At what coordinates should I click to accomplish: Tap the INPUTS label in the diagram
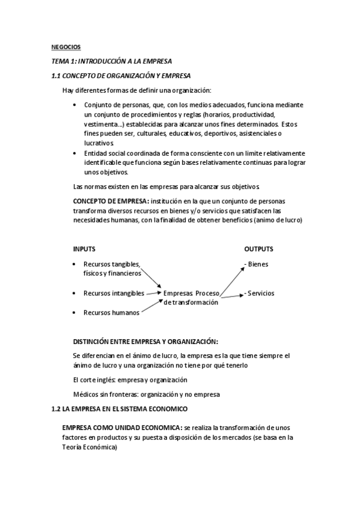(84, 248)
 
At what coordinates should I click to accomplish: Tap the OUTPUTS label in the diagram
(258, 248)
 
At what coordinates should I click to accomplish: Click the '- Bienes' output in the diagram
(256, 264)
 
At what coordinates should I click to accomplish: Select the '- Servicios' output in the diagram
(259, 293)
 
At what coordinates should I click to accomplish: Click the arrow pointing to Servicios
(231, 295)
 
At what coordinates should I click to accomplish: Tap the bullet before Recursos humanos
(73, 312)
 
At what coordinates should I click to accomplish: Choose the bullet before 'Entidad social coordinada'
(73, 153)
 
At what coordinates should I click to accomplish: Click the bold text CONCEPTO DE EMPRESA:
(111, 201)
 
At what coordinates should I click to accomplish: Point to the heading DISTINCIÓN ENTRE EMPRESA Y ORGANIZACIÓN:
(145, 340)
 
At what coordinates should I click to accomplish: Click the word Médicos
(87, 394)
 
